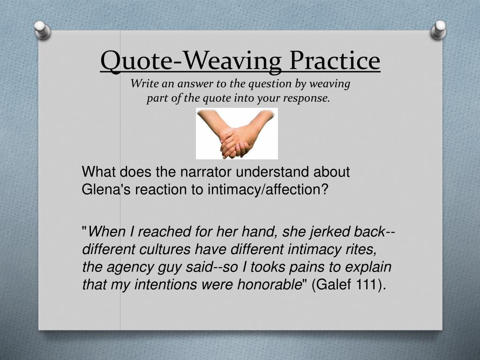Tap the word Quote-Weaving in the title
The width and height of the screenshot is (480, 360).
click(x=191, y=60)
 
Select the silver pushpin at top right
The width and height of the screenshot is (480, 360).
click(x=439, y=29)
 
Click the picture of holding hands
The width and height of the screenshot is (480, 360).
click(x=237, y=134)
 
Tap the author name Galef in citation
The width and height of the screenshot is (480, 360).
click(x=333, y=285)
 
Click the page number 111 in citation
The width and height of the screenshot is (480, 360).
click(x=367, y=285)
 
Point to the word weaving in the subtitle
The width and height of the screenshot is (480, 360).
click(x=333, y=84)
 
